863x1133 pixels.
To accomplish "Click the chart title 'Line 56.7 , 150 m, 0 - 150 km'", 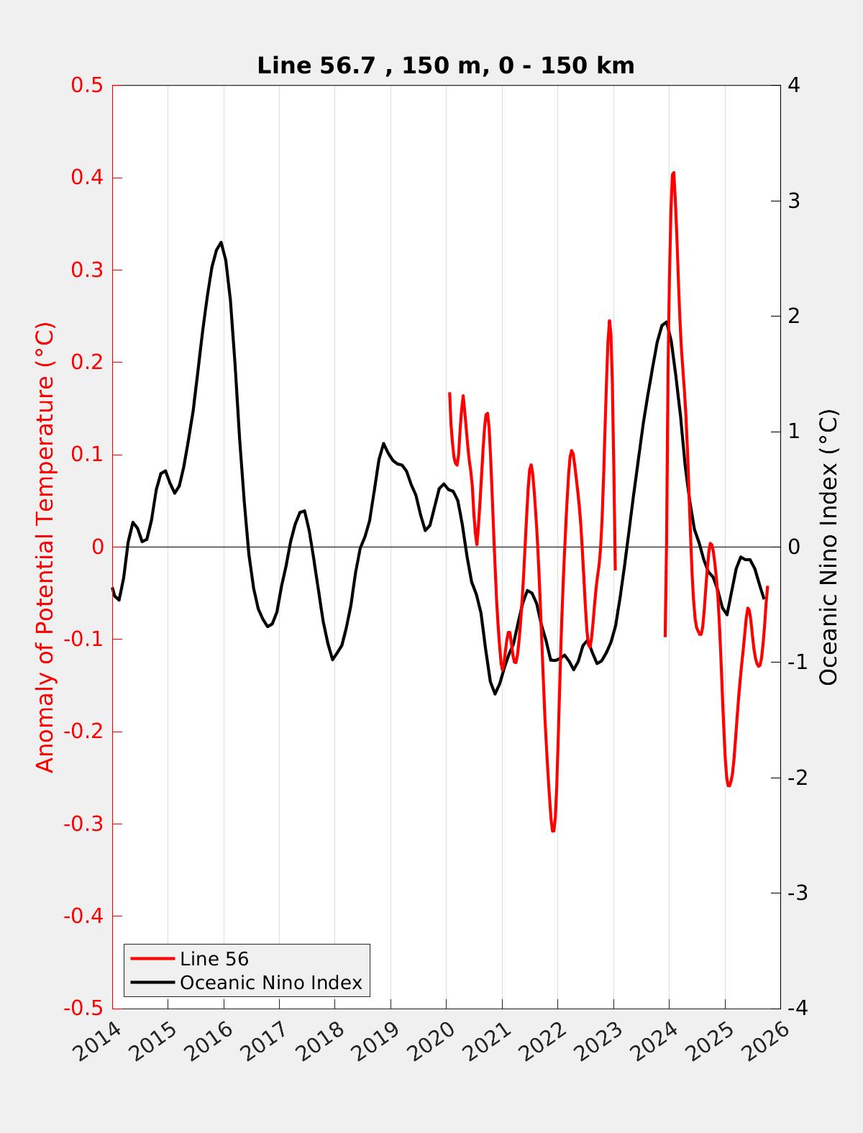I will (x=445, y=66).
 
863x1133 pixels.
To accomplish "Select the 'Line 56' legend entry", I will (x=214, y=959).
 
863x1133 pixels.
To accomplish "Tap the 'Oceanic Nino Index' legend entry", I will (x=270, y=983).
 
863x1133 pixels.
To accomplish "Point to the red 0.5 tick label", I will (x=86, y=86).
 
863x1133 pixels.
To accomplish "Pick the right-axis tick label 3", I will (x=794, y=201).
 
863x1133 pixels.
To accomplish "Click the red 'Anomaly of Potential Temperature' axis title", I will (x=45, y=547).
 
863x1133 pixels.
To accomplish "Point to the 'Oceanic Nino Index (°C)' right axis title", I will (x=828, y=547).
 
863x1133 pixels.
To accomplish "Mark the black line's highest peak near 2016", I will (x=221, y=242).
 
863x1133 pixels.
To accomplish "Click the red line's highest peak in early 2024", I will (x=673, y=173).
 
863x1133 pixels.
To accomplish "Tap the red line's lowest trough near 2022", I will (x=553, y=831).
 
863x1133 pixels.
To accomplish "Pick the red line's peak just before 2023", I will (x=609, y=321).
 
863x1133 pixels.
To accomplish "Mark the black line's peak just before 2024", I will (x=666, y=322).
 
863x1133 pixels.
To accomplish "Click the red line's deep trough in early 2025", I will (x=729, y=786).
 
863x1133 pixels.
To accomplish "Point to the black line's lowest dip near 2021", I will (x=495, y=693).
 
